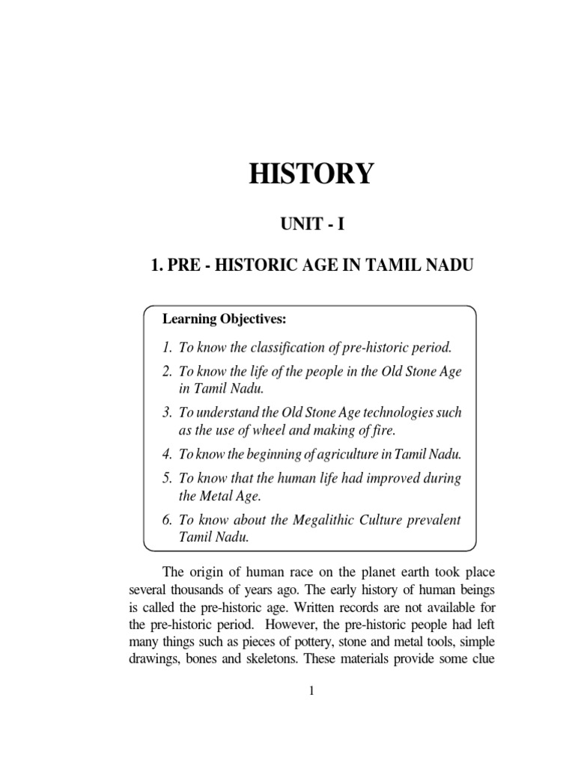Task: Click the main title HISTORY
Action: (310, 174)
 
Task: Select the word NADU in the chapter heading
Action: (451, 266)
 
